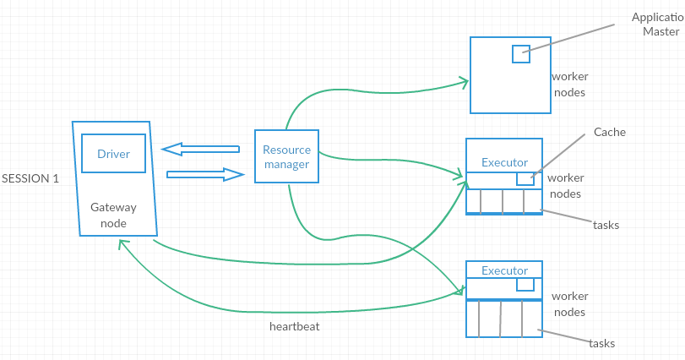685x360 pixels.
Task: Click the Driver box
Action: (113, 154)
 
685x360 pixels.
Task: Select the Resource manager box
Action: (286, 156)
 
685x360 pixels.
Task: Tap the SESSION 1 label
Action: (30, 179)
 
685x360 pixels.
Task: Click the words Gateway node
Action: (113, 215)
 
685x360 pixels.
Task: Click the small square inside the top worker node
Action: (521, 53)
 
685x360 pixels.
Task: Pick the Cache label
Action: (610, 133)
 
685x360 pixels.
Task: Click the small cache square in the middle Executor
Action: (525, 179)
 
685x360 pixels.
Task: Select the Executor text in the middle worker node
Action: (504, 162)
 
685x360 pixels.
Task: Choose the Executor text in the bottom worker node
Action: (504, 270)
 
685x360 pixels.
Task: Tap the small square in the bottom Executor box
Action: (525, 284)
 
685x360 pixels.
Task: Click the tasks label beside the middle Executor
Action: (606, 225)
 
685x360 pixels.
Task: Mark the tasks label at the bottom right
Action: (602, 344)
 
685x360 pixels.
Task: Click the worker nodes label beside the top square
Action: (568, 85)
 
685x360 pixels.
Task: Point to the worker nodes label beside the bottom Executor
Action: (568, 304)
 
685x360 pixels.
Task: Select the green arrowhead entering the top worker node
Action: (464, 81)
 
